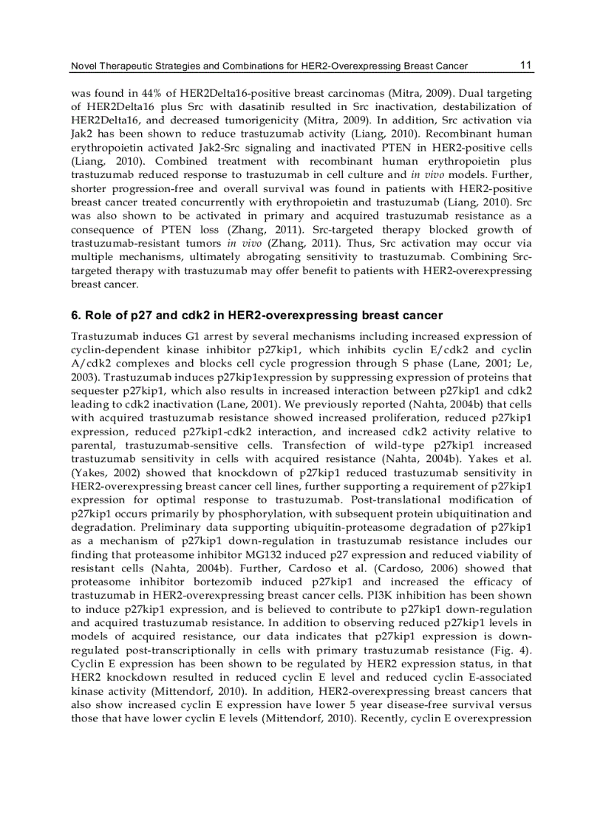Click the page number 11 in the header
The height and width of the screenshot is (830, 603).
click(x=525, y=65)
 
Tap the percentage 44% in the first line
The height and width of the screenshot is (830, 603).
click(x=142, y=94)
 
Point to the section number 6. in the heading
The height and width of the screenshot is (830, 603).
click(x=75, y=316)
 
